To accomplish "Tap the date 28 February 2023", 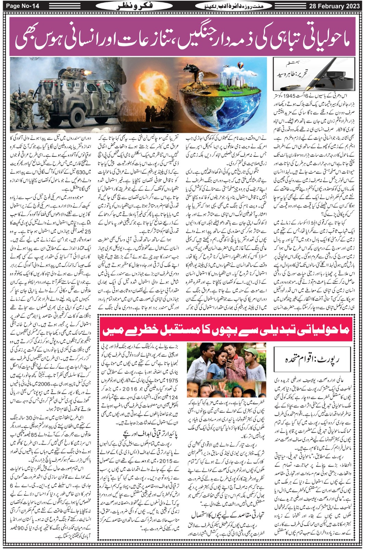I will point(334,6).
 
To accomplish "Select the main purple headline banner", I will point(182,37).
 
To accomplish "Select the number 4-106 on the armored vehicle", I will point(110,102).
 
